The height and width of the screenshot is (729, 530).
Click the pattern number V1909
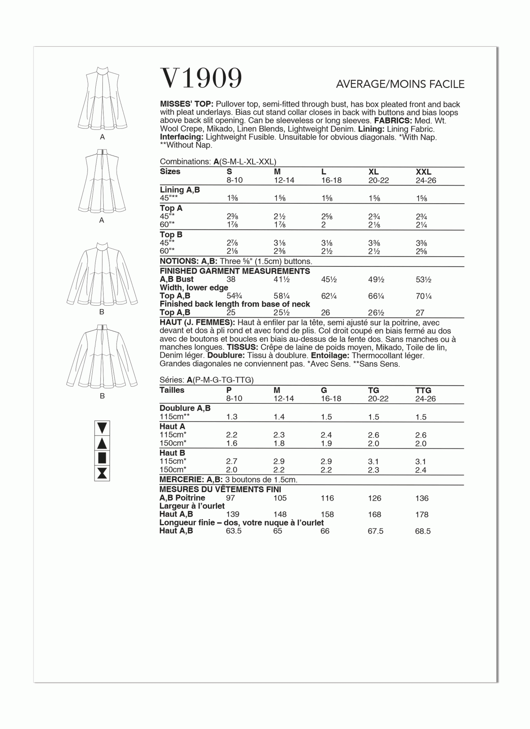[201, 79]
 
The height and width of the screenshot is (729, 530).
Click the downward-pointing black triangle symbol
[102, 428]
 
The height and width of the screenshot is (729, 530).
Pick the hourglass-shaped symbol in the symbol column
[102, 473]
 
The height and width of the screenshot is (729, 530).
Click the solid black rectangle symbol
[102, 458]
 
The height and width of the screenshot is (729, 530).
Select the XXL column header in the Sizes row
[423, 172]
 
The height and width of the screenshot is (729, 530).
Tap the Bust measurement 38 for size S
[231, 279]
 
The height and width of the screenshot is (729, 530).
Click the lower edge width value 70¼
[424, 296]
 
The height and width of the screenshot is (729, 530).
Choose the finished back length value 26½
[376, 312]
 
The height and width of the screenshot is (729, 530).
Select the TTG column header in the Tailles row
[423, 391]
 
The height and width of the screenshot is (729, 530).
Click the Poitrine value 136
[422, 498]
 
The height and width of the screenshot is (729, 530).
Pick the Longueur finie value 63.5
[234, 531]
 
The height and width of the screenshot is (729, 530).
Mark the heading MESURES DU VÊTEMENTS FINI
[220, 490]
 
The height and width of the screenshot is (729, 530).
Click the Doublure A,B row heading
[185, 408]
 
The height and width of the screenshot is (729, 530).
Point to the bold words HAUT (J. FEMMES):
[197, 323]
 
